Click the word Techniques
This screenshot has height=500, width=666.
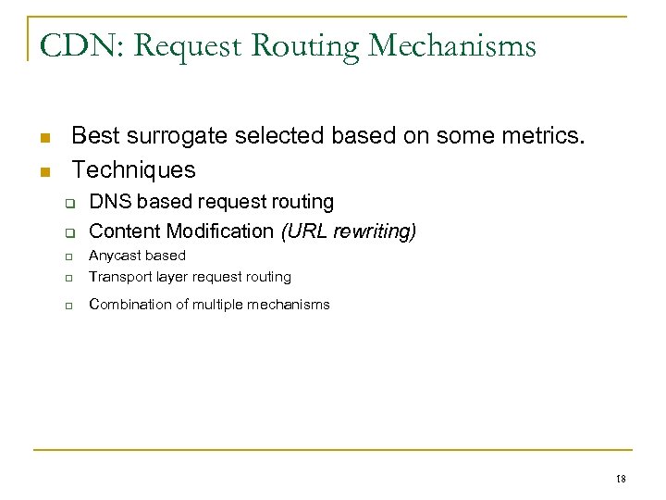pos(133,169)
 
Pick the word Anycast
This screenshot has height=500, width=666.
pos(114,255)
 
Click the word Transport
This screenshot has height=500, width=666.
pos(119,276)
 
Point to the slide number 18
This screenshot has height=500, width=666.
pos(620,479)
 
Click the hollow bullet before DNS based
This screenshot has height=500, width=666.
pos(68,203)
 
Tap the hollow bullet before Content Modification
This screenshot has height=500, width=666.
pos(68,232)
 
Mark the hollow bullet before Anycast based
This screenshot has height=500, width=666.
pos(68,256)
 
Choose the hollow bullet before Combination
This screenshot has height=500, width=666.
pos(68,306)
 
